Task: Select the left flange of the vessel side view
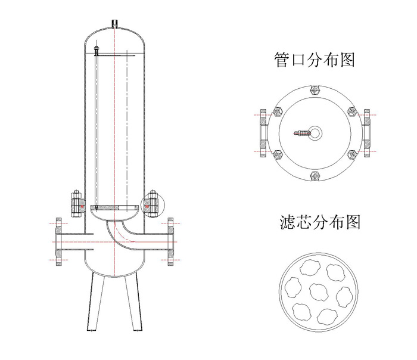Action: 58,240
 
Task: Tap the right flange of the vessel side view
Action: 170,240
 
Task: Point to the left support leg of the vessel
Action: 96,300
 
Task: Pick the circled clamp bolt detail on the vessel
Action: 151,204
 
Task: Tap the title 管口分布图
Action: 315,61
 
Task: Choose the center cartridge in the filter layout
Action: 320,292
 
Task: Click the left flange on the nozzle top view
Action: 263,132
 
